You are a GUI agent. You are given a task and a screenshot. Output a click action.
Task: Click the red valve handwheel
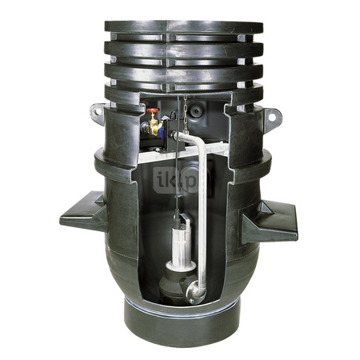click(x=152, y=111)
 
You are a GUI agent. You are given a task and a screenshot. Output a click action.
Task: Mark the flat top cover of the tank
click(x=183, y=26)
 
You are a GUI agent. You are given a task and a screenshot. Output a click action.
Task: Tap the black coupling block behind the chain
click(x=182, y=140)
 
